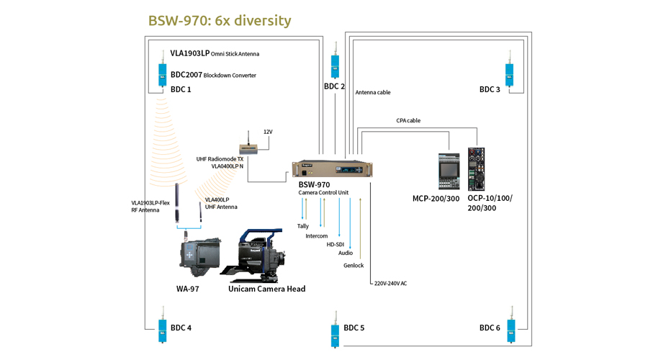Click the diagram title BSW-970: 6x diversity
[x=220, y=20]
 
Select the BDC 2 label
[x=334, y=86]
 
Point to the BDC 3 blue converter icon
[x=509, y=73]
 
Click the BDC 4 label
[x=181, y=328]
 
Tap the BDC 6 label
[x=490, y=328]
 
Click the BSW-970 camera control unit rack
[x=330, y=169]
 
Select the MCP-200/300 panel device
[x=449, y=171]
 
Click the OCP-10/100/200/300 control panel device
[x=476, y=170]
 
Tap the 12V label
[x=268, y=132]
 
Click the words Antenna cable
[x=373, y=92]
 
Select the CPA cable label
[x=408, y=121]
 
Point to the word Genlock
[x=354, y=266]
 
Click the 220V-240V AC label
[x=390, y=284]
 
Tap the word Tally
[x=303, y=226]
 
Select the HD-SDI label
[x=336, y=245]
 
